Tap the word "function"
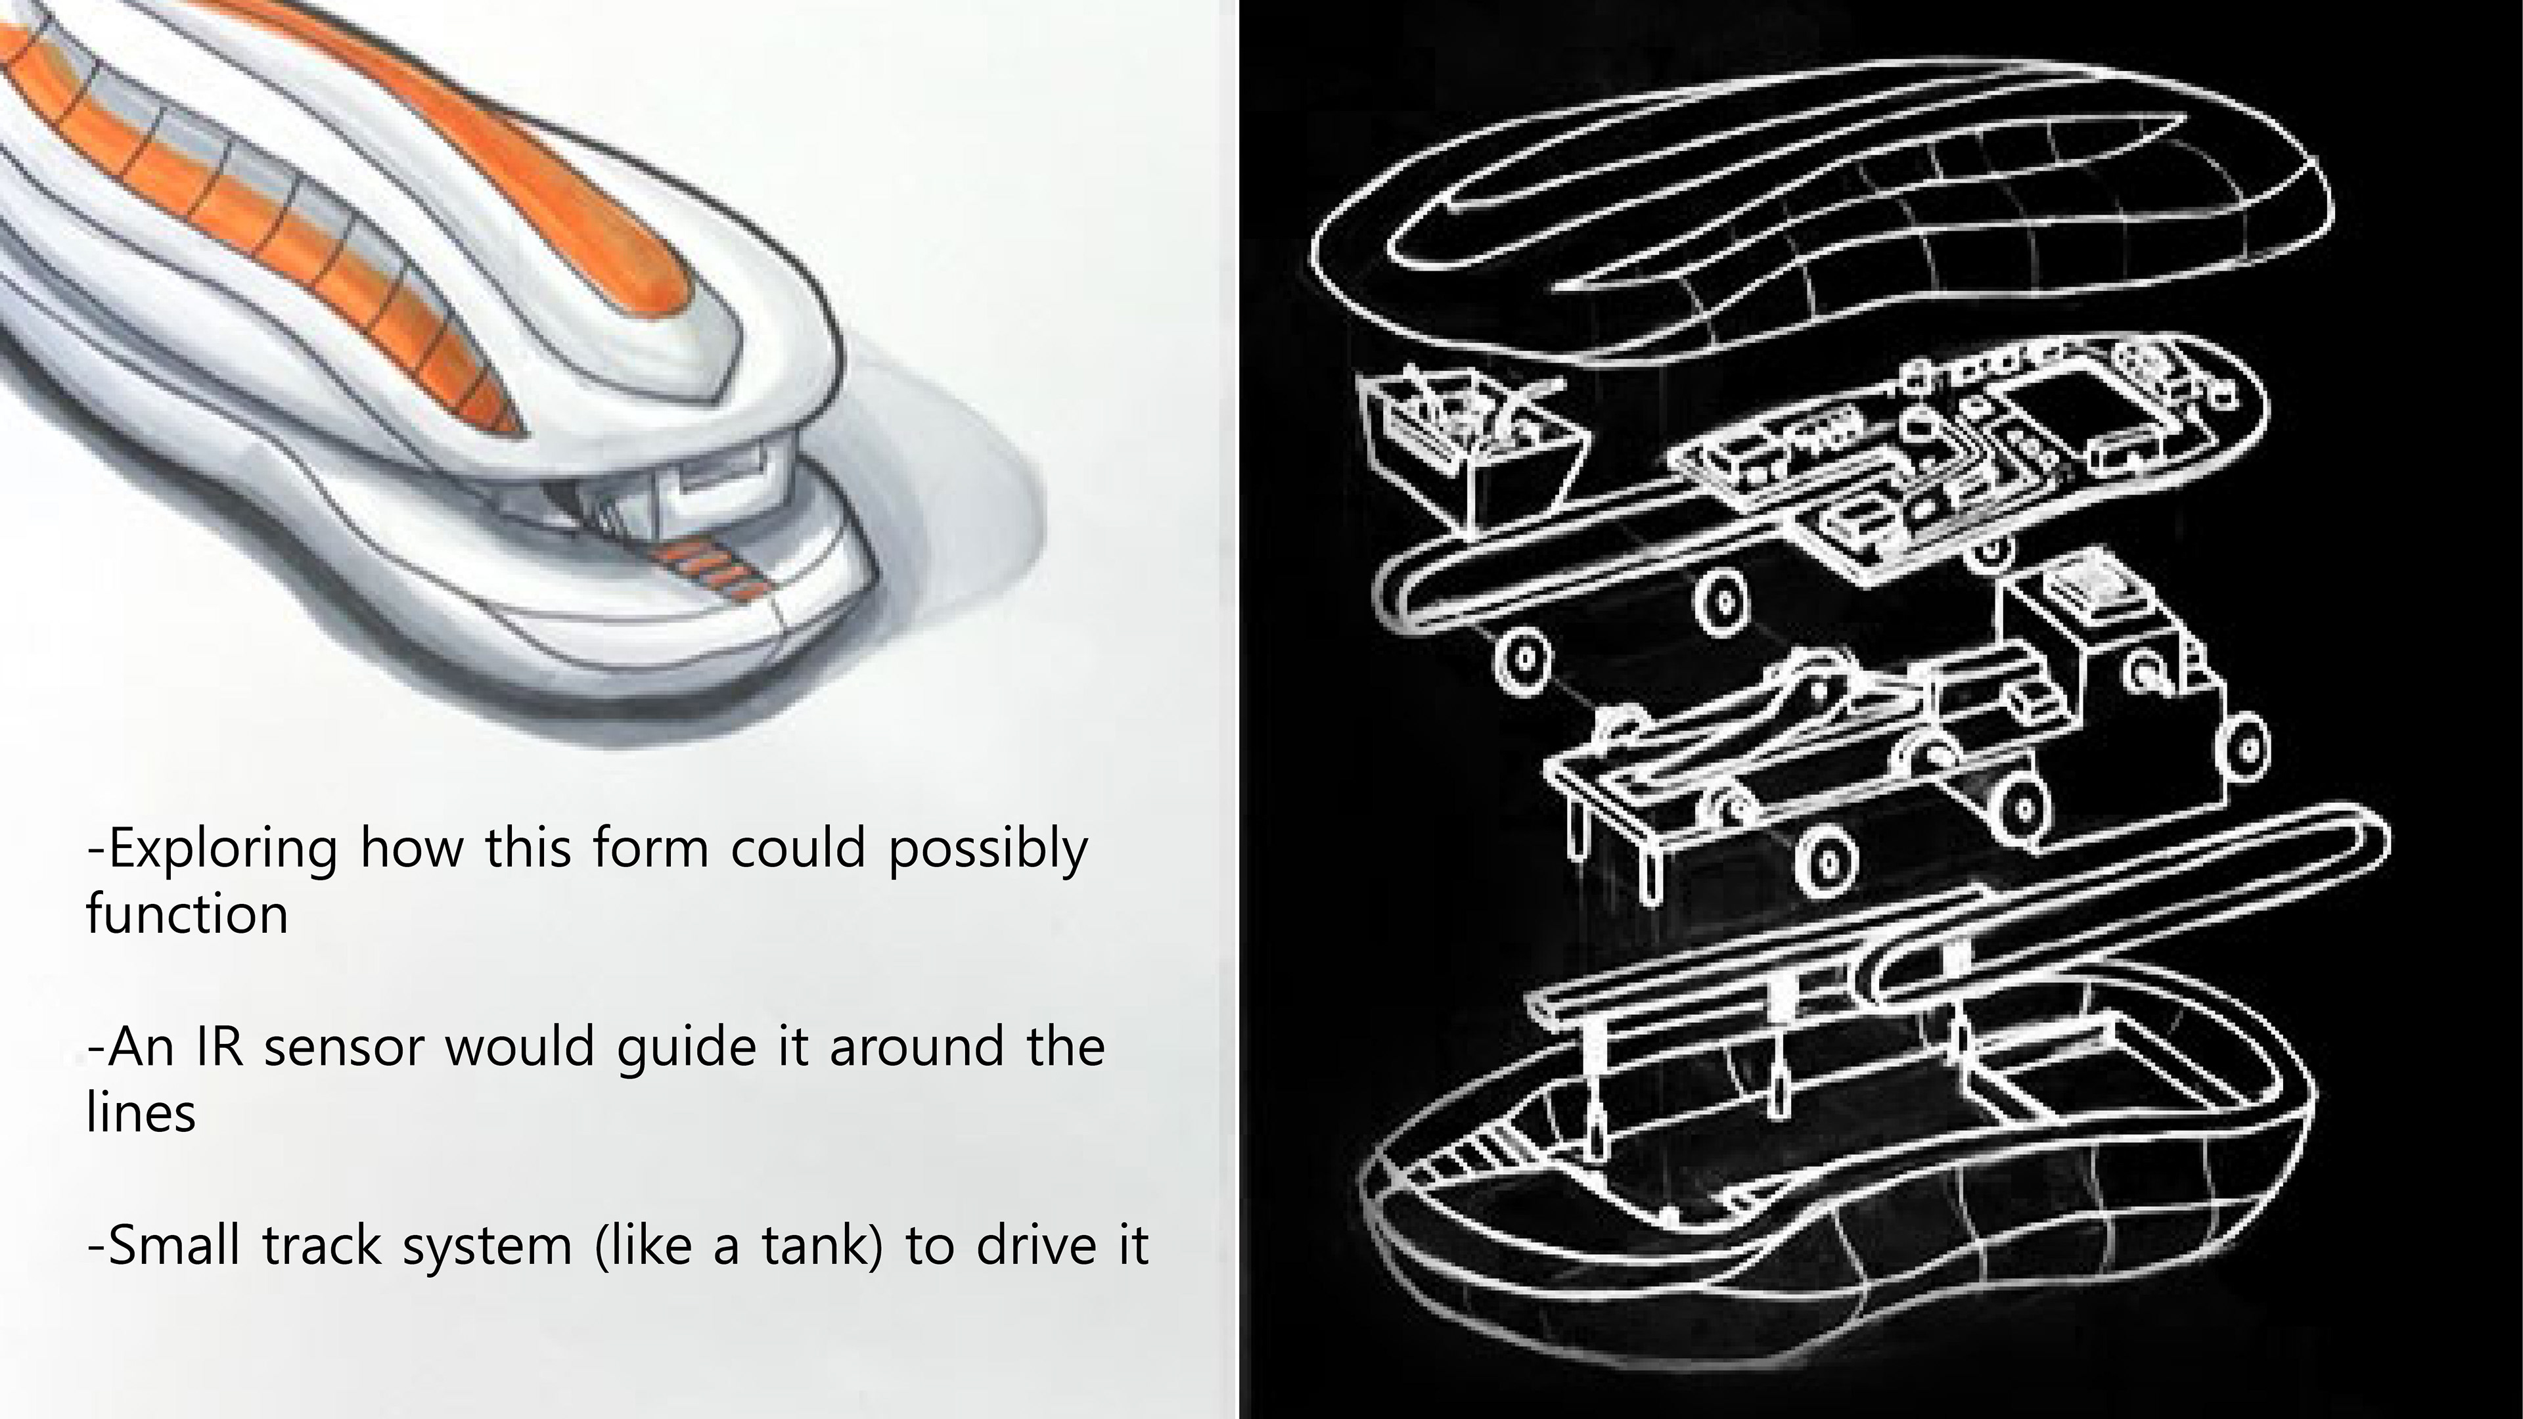tap(187, 914)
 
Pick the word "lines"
tap(141, 1114)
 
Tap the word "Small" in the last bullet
tap(173, 1246)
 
